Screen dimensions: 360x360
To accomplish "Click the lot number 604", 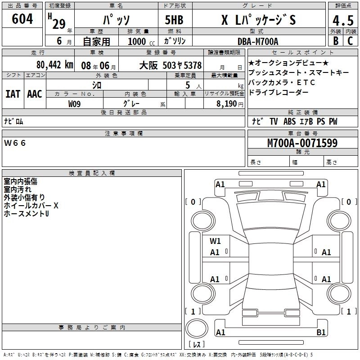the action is point(22,19).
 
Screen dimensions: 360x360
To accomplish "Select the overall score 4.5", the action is point(343,21).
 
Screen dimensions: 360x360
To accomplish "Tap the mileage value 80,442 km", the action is point(54,65).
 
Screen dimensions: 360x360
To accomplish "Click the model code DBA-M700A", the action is point(258,41).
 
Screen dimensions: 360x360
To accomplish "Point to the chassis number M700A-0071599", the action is point(302,143).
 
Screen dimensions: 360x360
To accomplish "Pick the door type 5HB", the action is point(174,20).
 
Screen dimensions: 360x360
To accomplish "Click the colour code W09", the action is point(74,104).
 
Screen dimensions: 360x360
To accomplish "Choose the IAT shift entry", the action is point(13,94).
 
